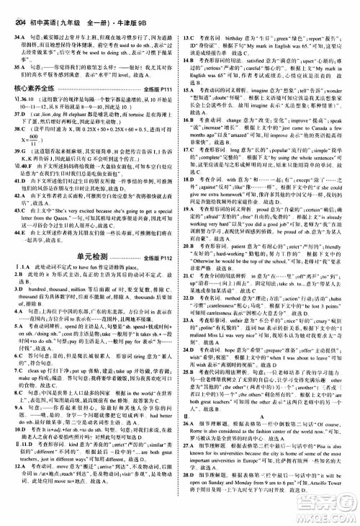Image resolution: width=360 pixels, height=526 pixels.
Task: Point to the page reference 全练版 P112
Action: [x=153, y=255]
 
